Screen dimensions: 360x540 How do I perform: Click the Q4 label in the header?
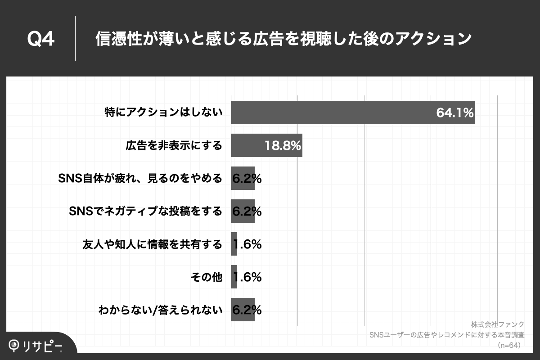pos(41,40)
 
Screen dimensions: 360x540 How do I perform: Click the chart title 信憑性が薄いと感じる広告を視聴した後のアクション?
pos(283,39)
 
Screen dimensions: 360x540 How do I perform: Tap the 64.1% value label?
pos(455,112)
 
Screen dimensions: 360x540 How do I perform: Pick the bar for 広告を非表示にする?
pos(266,145)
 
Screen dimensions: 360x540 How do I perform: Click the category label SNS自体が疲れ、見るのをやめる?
pos(140,178)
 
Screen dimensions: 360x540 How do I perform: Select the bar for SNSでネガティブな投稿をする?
pos(243,211)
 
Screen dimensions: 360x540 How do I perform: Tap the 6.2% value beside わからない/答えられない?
pos(247,310)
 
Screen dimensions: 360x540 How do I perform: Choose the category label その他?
pos(207,277)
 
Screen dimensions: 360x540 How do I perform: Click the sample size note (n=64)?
pos(509,345)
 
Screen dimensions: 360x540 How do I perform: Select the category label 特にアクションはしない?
pos(164,112)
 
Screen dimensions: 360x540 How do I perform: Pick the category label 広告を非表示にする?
pos(174,145)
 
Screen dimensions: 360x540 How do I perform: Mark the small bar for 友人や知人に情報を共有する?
pos(234,244)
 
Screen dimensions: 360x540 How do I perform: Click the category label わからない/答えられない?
pos(160,310)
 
